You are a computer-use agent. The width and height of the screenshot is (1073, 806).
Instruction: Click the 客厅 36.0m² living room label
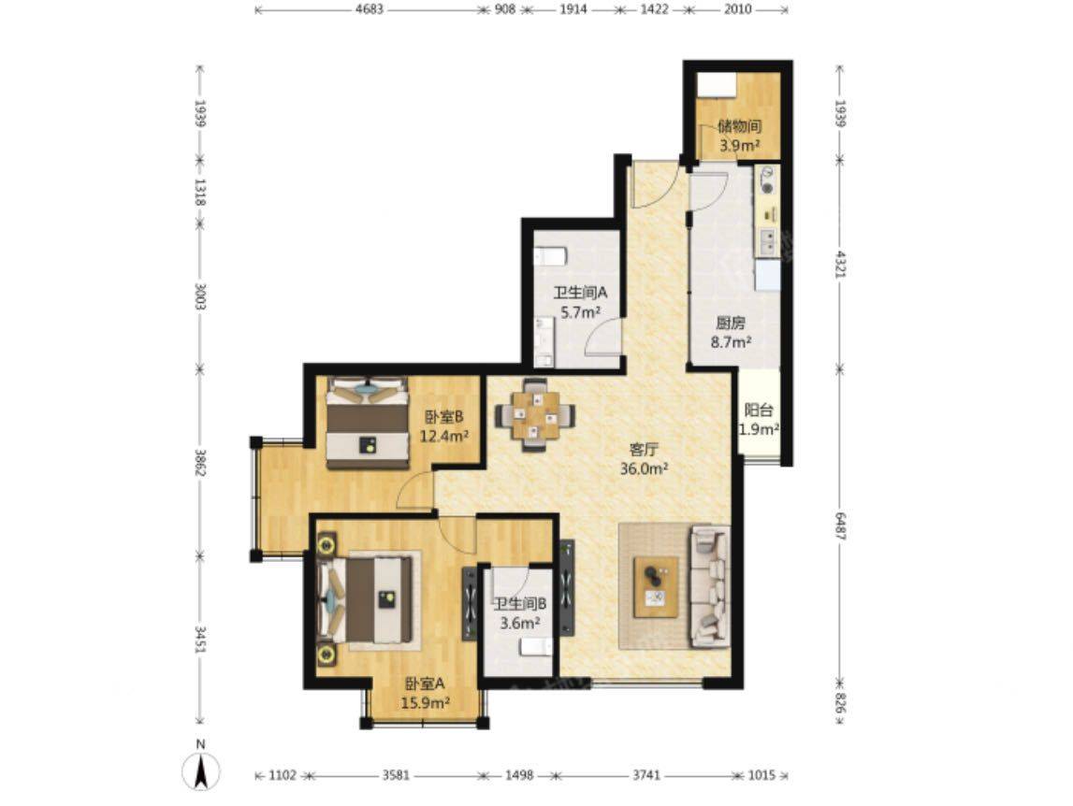click(644, 459)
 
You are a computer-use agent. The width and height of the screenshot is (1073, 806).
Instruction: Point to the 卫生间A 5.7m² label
click(580, 302)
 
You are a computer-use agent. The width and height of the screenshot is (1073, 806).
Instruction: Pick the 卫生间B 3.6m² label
click(520, 613)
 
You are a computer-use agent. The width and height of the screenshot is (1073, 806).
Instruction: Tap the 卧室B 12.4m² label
click(443, 425)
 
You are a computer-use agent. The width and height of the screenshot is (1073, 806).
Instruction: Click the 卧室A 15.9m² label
click(425, 693)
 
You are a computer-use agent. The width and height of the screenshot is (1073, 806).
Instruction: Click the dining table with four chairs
click(535, 414)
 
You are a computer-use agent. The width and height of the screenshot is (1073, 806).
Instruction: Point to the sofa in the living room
click(710, 586)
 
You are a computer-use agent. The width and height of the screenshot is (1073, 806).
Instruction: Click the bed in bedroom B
click(367, 423)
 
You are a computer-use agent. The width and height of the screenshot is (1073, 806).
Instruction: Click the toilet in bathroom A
click(549, 256)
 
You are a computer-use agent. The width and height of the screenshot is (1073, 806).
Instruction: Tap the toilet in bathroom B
click(536, 647)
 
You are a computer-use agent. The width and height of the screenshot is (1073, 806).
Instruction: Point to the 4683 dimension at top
click(370, 9)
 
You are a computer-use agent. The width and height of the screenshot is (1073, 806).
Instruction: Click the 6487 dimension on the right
click(841, 526)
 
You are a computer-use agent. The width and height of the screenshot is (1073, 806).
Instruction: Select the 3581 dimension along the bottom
click(396, 775)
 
